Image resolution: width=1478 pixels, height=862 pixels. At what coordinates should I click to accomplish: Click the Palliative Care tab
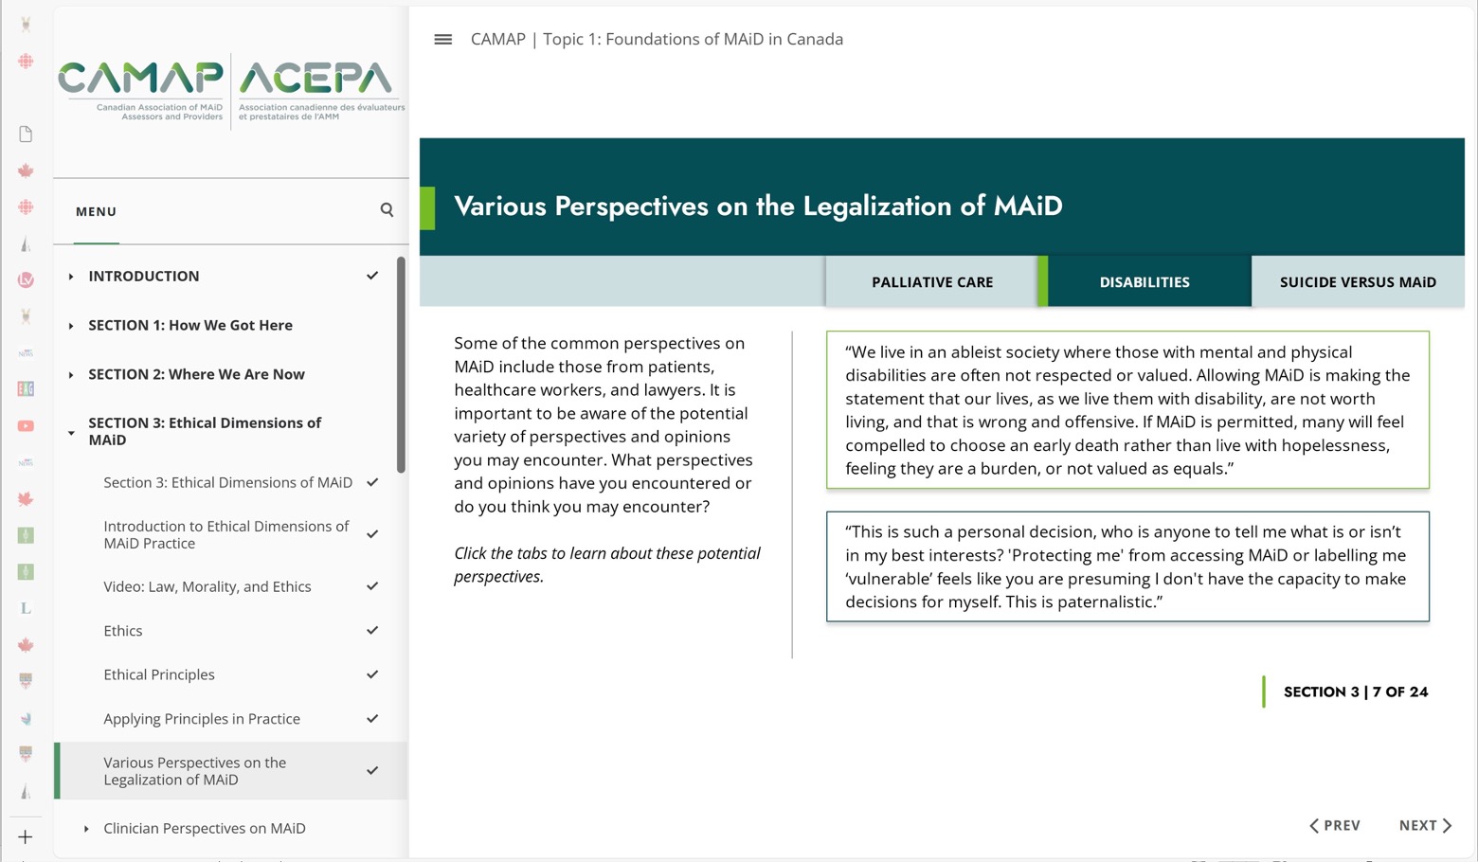(932, 282)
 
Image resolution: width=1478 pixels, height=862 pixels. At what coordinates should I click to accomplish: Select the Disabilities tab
(1144, 282)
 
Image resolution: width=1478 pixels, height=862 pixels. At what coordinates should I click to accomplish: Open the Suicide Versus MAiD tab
(1357, 282)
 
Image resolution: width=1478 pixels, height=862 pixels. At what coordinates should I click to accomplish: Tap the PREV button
(1335, 825)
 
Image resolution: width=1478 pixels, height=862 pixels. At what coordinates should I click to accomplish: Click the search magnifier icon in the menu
(387, 209)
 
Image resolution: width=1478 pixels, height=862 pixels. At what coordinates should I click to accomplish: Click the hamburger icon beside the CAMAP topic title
(442, 40)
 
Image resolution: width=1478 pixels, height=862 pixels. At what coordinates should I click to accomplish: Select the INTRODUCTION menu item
(144, 276)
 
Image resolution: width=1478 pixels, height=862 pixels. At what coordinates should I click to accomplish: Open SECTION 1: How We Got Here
(190, 325)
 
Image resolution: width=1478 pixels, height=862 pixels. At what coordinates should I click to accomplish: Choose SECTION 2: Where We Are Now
(196, 374)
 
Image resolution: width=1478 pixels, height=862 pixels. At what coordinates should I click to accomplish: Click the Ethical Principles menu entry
(159, 674)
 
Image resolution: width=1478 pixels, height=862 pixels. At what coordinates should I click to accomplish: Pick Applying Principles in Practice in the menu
(202, 719)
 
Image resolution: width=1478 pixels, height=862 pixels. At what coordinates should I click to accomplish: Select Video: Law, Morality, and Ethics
(207, 586)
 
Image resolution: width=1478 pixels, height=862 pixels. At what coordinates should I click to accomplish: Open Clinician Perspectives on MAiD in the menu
(205, 828)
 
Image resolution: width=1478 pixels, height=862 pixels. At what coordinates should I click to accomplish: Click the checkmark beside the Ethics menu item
(372, 631)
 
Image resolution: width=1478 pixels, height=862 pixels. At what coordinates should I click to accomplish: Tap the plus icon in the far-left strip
(26, 836)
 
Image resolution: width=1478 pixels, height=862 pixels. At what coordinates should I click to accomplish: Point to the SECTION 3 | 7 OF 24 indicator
(1355, 691)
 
